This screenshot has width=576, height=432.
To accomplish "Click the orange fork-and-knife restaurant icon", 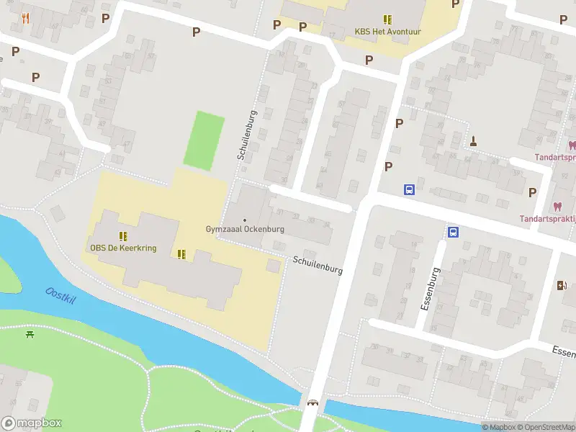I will coord(26,18).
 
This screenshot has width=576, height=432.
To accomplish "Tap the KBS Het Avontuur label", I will coord(387,32).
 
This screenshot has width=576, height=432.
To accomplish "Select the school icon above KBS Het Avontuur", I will coord(387,19).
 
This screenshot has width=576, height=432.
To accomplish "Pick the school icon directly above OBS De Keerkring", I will coord(123,235).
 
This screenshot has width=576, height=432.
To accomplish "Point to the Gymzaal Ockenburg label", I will coord(245,230).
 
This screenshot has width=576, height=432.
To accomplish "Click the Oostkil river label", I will coord(60,296).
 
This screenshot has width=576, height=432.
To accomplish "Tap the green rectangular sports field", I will coord(203,140).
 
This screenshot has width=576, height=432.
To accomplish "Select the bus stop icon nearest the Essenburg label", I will coord(454,232).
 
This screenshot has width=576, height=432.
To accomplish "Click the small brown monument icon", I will coord(474,140).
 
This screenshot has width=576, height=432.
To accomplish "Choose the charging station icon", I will coord(562,286).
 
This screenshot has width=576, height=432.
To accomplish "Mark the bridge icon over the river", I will coord(312,403).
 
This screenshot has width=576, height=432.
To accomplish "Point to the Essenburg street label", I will coord(429,288).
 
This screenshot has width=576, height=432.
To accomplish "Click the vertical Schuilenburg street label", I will coord(246,135).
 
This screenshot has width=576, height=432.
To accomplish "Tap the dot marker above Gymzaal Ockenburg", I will coord(245,220).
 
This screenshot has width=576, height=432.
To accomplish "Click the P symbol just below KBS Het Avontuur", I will coord(369,60).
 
